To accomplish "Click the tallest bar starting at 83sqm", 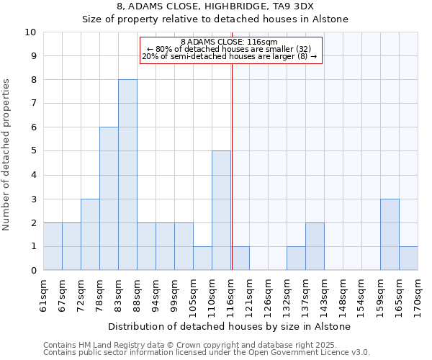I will pyautogui.click(x=127, y=175).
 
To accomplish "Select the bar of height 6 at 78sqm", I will pyautogui.click(x=109, y=199).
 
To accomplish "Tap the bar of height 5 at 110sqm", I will pyautogui.click(x=221, y=210).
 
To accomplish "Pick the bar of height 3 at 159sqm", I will pyautogui.click(x=390, y=234).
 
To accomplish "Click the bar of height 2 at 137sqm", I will pyautogui.click(x=315, y=246).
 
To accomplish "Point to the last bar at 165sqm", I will pyautogui.click(x=408, y=258).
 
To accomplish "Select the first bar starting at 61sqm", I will pyautogui.click(x=53, y=246).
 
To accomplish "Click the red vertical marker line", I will pyautogui.click(x=232, y=166).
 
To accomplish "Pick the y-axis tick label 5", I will pyautogui.click(x=33, y=151).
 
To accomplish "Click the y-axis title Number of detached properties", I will pyautogui.click(x=7, y=156).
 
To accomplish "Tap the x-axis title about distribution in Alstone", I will pyautogui.click(x=231, y=326).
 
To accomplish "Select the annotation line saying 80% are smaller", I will pyautogui.click(x=229, y=49).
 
